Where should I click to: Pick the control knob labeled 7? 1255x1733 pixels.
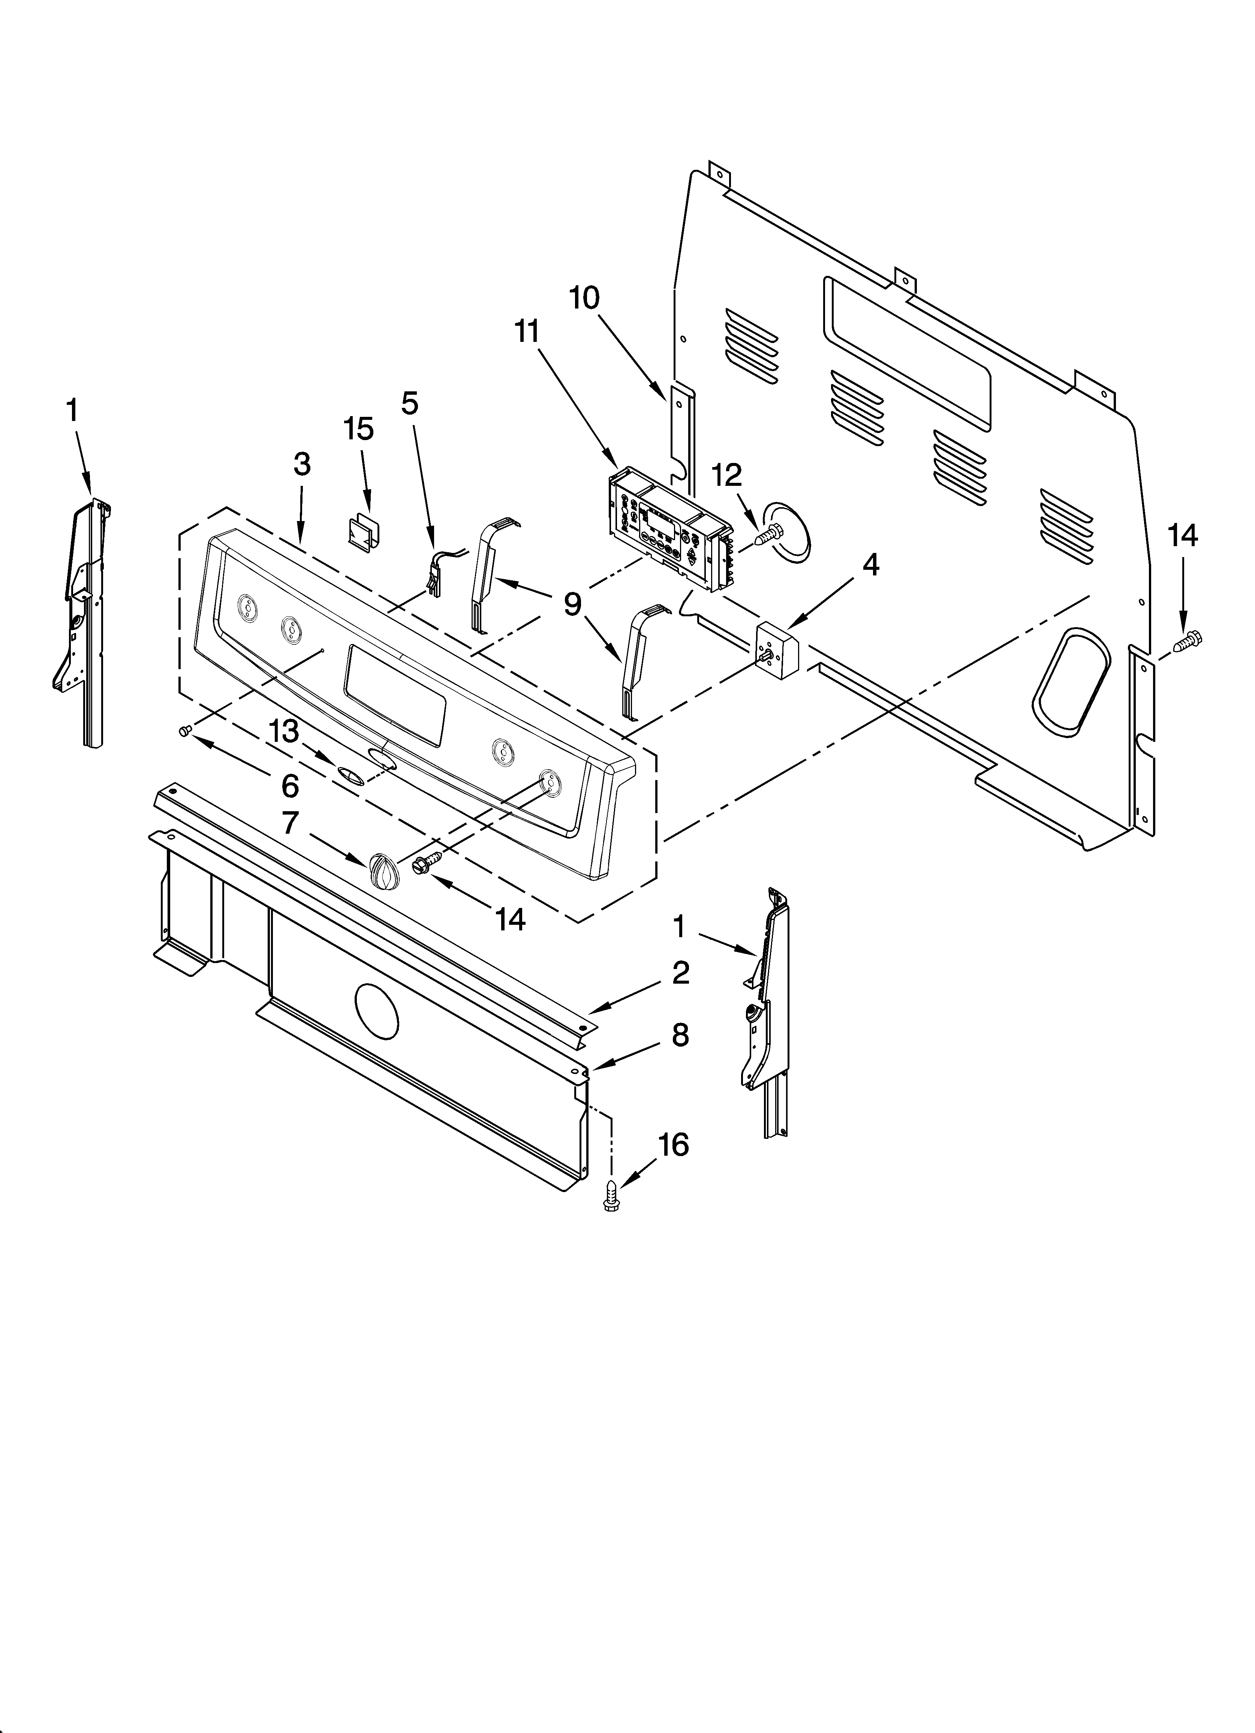pyautogui.click(x=382, y=870)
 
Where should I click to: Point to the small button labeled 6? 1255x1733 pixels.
pyautogui.click(x=183, y=732)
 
